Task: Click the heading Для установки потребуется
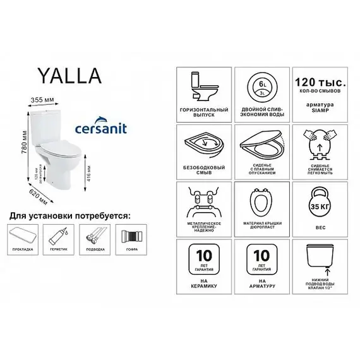(x=69, y=216)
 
